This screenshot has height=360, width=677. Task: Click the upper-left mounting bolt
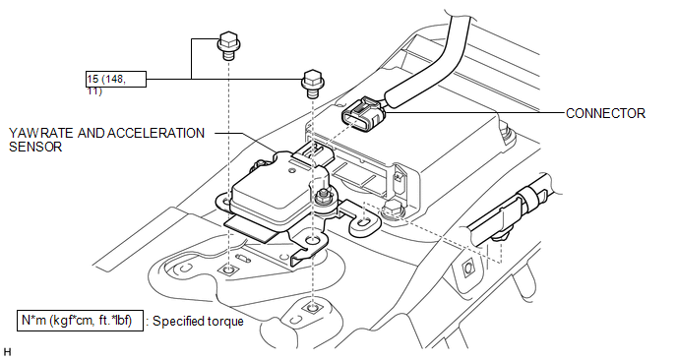(x=229, y=46)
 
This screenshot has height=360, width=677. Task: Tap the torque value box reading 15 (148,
(x=116, y=80)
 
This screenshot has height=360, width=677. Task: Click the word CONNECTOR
(x=605, y=113)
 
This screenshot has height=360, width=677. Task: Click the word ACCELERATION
(x=155, y=133)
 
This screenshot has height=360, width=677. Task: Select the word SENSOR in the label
(x=35, y=147)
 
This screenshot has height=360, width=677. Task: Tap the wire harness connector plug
(x=363, y=113)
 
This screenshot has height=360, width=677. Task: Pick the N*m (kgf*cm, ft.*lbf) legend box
(x=80, y=321)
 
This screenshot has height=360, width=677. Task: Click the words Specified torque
(x=198, y=322)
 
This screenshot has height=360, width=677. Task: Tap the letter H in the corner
(x=7, y=351)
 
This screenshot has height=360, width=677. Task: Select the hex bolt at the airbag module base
(x=393, y=209)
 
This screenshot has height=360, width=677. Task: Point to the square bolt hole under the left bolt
(x=229, y=270)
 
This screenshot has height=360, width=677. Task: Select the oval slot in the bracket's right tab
(x=365, y=222)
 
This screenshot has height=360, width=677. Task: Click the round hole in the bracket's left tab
(x=226, y=201)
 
